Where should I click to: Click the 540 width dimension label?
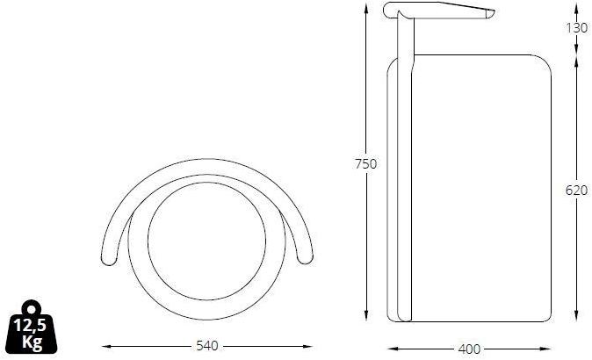207,346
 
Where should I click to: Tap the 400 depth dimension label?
469,349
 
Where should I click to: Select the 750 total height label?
365,164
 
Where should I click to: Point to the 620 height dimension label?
576,191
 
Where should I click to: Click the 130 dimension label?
576,28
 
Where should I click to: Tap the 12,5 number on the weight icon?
30,325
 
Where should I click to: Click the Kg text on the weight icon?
32,342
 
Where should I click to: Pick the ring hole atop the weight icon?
32,310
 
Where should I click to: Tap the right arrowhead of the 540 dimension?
308,346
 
